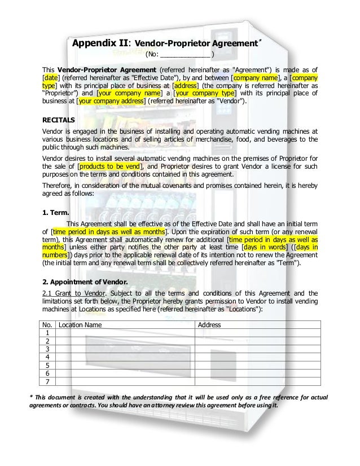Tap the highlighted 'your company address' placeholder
tap(111, 102)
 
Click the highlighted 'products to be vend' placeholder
tap(111, 167)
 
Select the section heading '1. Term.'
tap(56, 213)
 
